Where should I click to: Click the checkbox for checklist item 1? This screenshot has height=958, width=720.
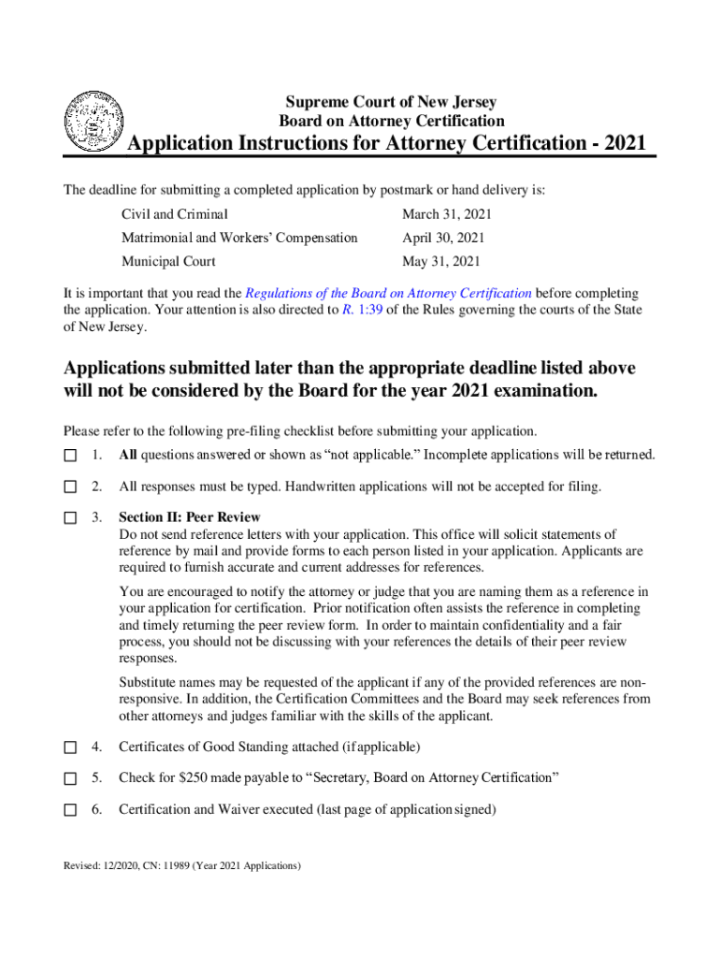tap(70, 456)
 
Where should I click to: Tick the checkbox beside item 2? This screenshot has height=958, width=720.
tap(70, 486)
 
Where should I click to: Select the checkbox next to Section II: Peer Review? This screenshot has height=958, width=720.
tap(70, 517)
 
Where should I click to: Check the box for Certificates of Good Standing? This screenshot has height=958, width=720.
tap(70, 748)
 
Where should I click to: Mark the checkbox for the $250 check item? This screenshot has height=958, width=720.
tap(70, 778)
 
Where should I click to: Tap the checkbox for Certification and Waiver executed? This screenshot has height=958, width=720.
tap(70, 810)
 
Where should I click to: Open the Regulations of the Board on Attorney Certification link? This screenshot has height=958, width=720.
tap(387, 293)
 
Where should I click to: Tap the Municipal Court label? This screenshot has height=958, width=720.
tap(168, 261)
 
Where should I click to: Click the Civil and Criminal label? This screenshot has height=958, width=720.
tap(175, 214)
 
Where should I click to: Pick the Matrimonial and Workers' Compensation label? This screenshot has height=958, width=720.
tap(239, 238)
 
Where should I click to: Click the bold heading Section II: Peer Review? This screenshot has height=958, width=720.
tap(190, 517)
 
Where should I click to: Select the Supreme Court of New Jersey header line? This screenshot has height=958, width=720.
tap(391, 102)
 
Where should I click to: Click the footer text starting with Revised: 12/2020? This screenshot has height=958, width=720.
tap(181, 866)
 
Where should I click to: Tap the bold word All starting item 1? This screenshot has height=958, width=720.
tap(128, 456)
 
